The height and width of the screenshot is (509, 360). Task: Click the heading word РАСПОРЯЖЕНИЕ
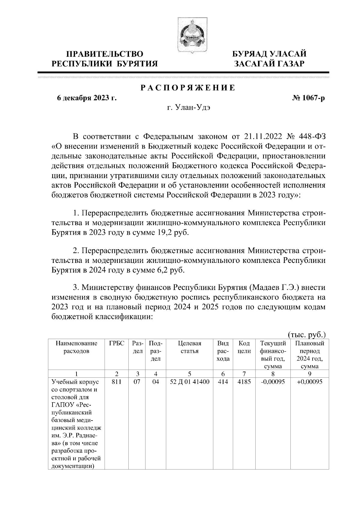tap(188, 88)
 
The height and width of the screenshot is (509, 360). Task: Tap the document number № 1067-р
tap(308, 98)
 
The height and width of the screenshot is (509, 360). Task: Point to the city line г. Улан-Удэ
tap(189, 108)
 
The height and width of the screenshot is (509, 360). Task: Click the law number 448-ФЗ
tap(312, 137)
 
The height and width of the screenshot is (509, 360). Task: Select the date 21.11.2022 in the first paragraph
tap(263, 137)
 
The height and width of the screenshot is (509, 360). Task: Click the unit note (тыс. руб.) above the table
tap(307, 335)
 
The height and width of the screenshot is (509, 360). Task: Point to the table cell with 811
tap(116, 382)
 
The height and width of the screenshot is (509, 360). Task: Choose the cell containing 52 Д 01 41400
tap(190, 382)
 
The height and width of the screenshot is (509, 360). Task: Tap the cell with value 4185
tap(244, 382)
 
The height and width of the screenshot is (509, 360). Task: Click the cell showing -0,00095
tap(272, 382)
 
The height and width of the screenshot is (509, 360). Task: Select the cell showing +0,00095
tap(310, 382)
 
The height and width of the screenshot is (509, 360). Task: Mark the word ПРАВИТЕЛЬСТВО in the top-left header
tap(105, 54)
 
